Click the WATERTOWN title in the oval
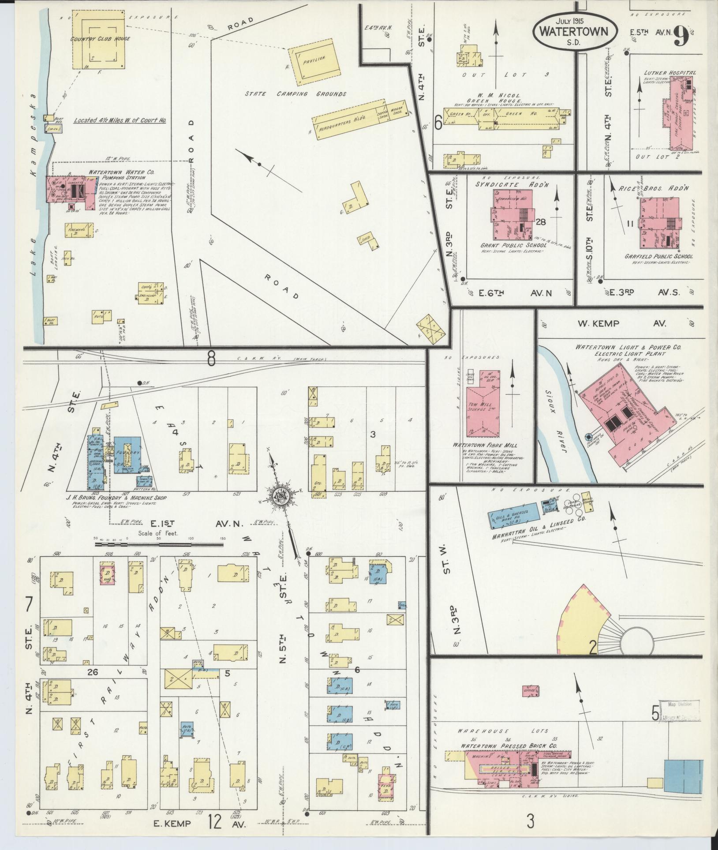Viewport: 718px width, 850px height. (574, 32)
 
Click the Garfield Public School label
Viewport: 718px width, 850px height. (658, 256)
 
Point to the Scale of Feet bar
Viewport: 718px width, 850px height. (159, 545)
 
